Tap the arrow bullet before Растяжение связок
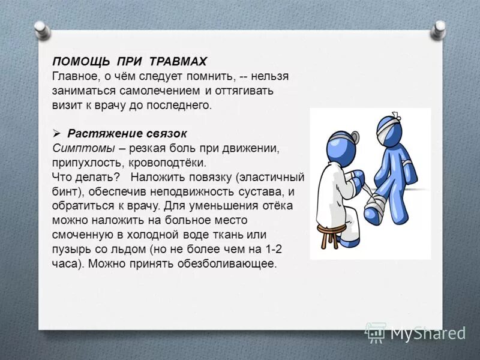point(57,133)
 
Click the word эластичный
point(276,178)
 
